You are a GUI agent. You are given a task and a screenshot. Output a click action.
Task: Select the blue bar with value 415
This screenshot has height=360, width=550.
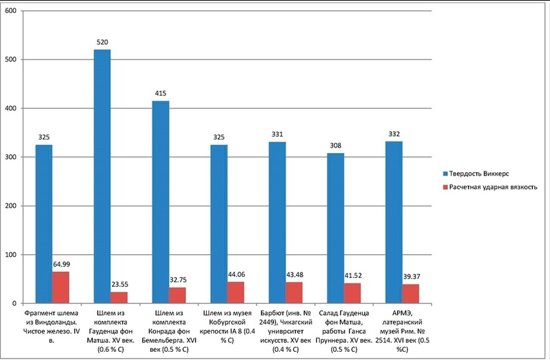[x=161, y=202]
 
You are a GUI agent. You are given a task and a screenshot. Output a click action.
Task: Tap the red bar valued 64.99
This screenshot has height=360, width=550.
[x=61, y=288]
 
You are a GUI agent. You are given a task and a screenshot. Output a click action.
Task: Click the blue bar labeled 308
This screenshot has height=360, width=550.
[x=335, y=228]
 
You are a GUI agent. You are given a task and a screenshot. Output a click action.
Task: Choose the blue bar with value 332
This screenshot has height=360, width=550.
[x=394, y=222]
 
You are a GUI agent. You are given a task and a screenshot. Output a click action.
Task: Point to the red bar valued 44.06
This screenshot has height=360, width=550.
[x=236, y=292]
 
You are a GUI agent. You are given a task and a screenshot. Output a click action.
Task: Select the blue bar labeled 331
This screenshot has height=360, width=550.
[x=277, y=223]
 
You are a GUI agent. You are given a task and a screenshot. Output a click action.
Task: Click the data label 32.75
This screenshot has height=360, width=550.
[x=178, y=280]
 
